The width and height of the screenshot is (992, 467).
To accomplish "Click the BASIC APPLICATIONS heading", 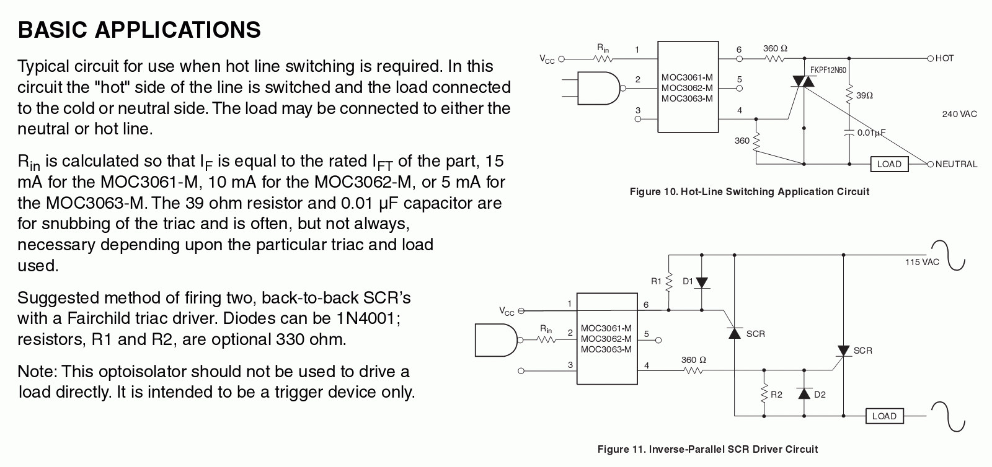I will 139,30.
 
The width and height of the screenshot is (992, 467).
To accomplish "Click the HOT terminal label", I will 944,58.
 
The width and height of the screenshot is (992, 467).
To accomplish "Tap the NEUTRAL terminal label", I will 956,164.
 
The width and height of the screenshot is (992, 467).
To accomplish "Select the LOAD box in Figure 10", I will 889,164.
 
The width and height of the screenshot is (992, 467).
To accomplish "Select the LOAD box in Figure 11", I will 884,416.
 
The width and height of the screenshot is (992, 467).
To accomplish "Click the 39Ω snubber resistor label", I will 864,96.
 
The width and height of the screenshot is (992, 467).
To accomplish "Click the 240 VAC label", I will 959,114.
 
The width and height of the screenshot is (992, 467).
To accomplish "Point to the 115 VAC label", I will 922,262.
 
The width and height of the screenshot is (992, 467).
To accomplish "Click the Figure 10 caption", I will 749,192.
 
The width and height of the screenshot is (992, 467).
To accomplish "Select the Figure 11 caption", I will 707,449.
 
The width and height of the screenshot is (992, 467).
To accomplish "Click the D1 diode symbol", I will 702,282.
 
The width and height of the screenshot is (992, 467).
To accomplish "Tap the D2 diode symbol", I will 805,393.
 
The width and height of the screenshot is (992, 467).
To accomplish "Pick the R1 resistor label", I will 657,281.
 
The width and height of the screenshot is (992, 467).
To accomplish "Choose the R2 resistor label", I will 776,395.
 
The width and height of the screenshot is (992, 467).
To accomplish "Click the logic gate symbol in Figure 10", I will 598,89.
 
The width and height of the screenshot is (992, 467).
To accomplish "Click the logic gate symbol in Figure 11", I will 496,340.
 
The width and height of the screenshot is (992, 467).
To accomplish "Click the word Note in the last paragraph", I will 37,372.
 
